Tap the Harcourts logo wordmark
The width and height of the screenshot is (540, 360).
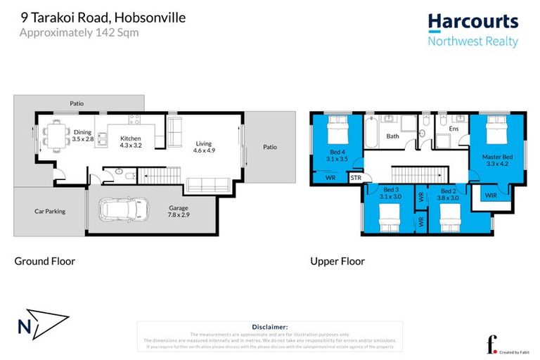(x=473, y=22)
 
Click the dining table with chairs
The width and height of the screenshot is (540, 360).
(x=52, y=134)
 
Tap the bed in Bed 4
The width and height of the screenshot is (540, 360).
(x=337, y=129)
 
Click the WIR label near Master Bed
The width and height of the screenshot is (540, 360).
(x=491, y=195)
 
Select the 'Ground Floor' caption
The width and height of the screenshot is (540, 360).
(x=45, y=262)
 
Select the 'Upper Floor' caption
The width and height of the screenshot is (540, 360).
(x=337, y=262)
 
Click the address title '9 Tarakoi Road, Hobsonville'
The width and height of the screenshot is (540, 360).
(x=103, y=18)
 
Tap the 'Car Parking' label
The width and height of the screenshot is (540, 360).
(x=50, y=210)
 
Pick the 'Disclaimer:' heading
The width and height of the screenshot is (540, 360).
(x=269, y=327)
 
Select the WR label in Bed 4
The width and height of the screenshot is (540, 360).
(x=330, y=178)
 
